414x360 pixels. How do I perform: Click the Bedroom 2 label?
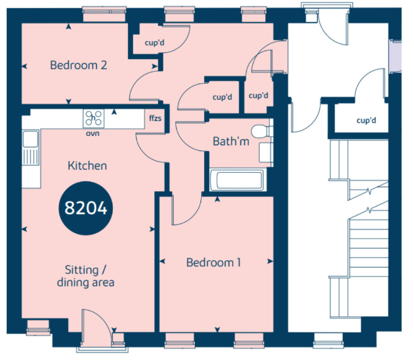pyautogui.click(x=79, y=65)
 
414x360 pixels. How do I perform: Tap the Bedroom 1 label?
pyautogui.click(x=214, y=263)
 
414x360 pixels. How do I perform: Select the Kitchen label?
pyautogui.click(x=87, y=165)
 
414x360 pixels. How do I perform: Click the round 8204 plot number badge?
pyautogui.click(x=86, y=208)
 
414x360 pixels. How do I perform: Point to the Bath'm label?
pyautogui.click(x=231, y=142)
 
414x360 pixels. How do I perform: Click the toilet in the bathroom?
pyautogui.click(x=262, y=131)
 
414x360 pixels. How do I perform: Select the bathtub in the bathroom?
pyautogui.click(x=237, y=180)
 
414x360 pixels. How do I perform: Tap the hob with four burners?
pyautogui.click(x=94, y=118)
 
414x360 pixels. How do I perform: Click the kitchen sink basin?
pyautogui.click(x=30, y=139)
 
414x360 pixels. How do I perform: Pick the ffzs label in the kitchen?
pyautogui.click(x=155, y=118)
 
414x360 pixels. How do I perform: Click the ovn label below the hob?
pyautogui.click(x=92, y=134)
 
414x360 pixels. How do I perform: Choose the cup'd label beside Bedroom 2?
pyautogui.click(x=154, y=42)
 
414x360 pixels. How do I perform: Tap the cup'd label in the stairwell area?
pyautogui.click(x=366, y=120)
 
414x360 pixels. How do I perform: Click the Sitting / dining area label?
pyautogui.click(x=86, y=276)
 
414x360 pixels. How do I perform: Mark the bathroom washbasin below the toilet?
pyautogui.click(x=265, y=152)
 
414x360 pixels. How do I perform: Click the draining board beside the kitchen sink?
pyautogui.click(x=31, y=157)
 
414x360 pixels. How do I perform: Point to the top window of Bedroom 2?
pyautogui.click(x=104, y=14)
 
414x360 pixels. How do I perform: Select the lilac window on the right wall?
pyautogui.click(x=395, y=56)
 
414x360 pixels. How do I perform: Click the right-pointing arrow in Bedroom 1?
pyautogui.click(x=270, y=261)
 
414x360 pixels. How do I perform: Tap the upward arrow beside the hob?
pyautogui.click(x=114, y=112)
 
